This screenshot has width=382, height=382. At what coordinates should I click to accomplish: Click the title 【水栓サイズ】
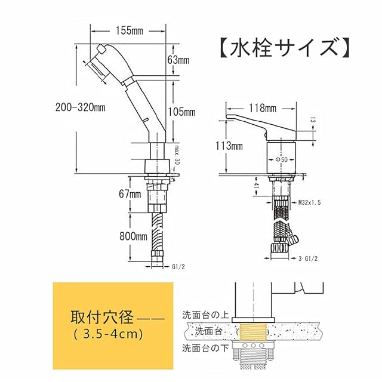click(x=281, y=48)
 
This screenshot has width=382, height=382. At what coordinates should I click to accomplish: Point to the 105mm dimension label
click(x=182, y=112)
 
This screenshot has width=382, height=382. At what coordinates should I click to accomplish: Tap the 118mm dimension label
click(x=263, y=108)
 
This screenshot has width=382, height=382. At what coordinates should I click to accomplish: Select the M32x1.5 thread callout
click(x=310, y=204)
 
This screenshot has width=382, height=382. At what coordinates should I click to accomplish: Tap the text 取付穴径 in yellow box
click(x=97, y=316)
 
